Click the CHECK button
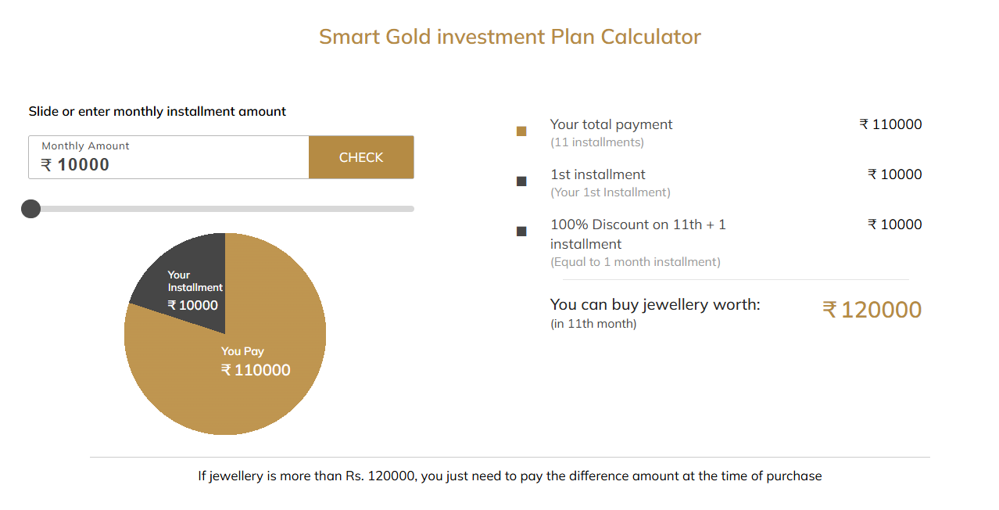click(361, 157)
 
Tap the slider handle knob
click(30, 209)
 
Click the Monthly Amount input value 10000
click(83, 165)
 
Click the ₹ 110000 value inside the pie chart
click(256, 370)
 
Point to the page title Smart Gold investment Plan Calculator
click(510, 37)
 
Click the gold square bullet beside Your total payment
click(521, 131)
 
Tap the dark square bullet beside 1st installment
click(521, 181)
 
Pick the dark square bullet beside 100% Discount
click(521, 231)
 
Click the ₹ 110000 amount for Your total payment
click(890, 124)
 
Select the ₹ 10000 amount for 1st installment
click(894, 174)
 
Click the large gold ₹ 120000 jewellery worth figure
click(872, 310)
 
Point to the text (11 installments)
click(597, 142)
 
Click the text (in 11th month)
click(593, 324)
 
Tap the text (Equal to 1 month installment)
click(636, 262)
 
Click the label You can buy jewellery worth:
click(655, 305)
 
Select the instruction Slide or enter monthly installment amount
click(157, 112)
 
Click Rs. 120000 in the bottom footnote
click(380, 476)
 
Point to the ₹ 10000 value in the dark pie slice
click(192, 305)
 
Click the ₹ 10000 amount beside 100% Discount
click(894, 224)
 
